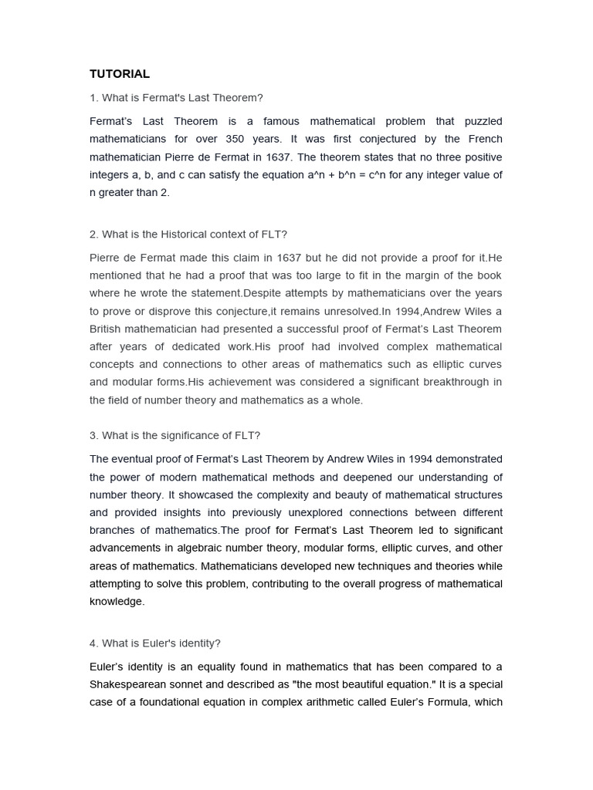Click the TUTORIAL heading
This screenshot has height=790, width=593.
[120, 74]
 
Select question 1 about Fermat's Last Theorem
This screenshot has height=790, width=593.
[176, 97]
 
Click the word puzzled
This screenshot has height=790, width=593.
[483, 121]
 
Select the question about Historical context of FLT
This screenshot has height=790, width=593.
[188, 234]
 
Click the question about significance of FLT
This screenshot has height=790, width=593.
[180, 435]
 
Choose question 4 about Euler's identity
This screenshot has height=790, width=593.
[155, 643]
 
